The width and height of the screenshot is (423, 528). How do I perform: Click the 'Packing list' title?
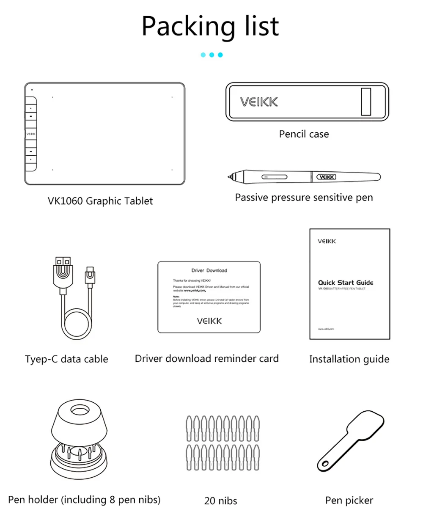(210, 26)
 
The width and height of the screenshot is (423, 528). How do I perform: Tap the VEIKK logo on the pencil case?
(259, 102)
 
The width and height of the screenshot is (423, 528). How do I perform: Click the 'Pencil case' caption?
(304, 134)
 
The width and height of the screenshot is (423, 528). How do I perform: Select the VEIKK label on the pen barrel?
(326, 177)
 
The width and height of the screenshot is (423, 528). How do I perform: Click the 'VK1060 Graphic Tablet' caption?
(100, 201)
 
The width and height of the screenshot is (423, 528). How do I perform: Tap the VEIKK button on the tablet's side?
(31, 134)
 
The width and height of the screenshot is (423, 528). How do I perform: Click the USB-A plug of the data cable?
(63, 271)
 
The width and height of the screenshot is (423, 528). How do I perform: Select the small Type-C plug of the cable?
(90, 276)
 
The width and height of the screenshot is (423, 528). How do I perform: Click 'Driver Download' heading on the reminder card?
(209, 270)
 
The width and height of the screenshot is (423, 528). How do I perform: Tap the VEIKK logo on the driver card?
(209, 321)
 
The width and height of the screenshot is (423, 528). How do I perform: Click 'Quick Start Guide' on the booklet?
(346, 283)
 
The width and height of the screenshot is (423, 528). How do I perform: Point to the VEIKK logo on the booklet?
(327, 241)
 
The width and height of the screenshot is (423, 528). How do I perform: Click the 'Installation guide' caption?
(349, 359)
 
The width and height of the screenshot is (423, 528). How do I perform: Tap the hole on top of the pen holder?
(79, 410)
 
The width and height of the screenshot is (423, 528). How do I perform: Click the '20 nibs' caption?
(220, 501)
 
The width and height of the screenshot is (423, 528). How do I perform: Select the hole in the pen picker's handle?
(325, 463)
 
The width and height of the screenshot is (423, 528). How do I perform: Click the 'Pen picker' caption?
(349, 500)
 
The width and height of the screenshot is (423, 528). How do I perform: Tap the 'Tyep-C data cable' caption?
(66, 359)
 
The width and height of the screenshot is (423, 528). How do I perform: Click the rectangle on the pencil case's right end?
(366, 102)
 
